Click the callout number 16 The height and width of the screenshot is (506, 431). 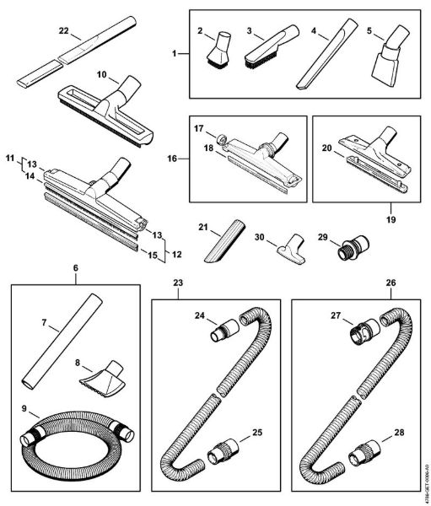click(171, 156)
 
